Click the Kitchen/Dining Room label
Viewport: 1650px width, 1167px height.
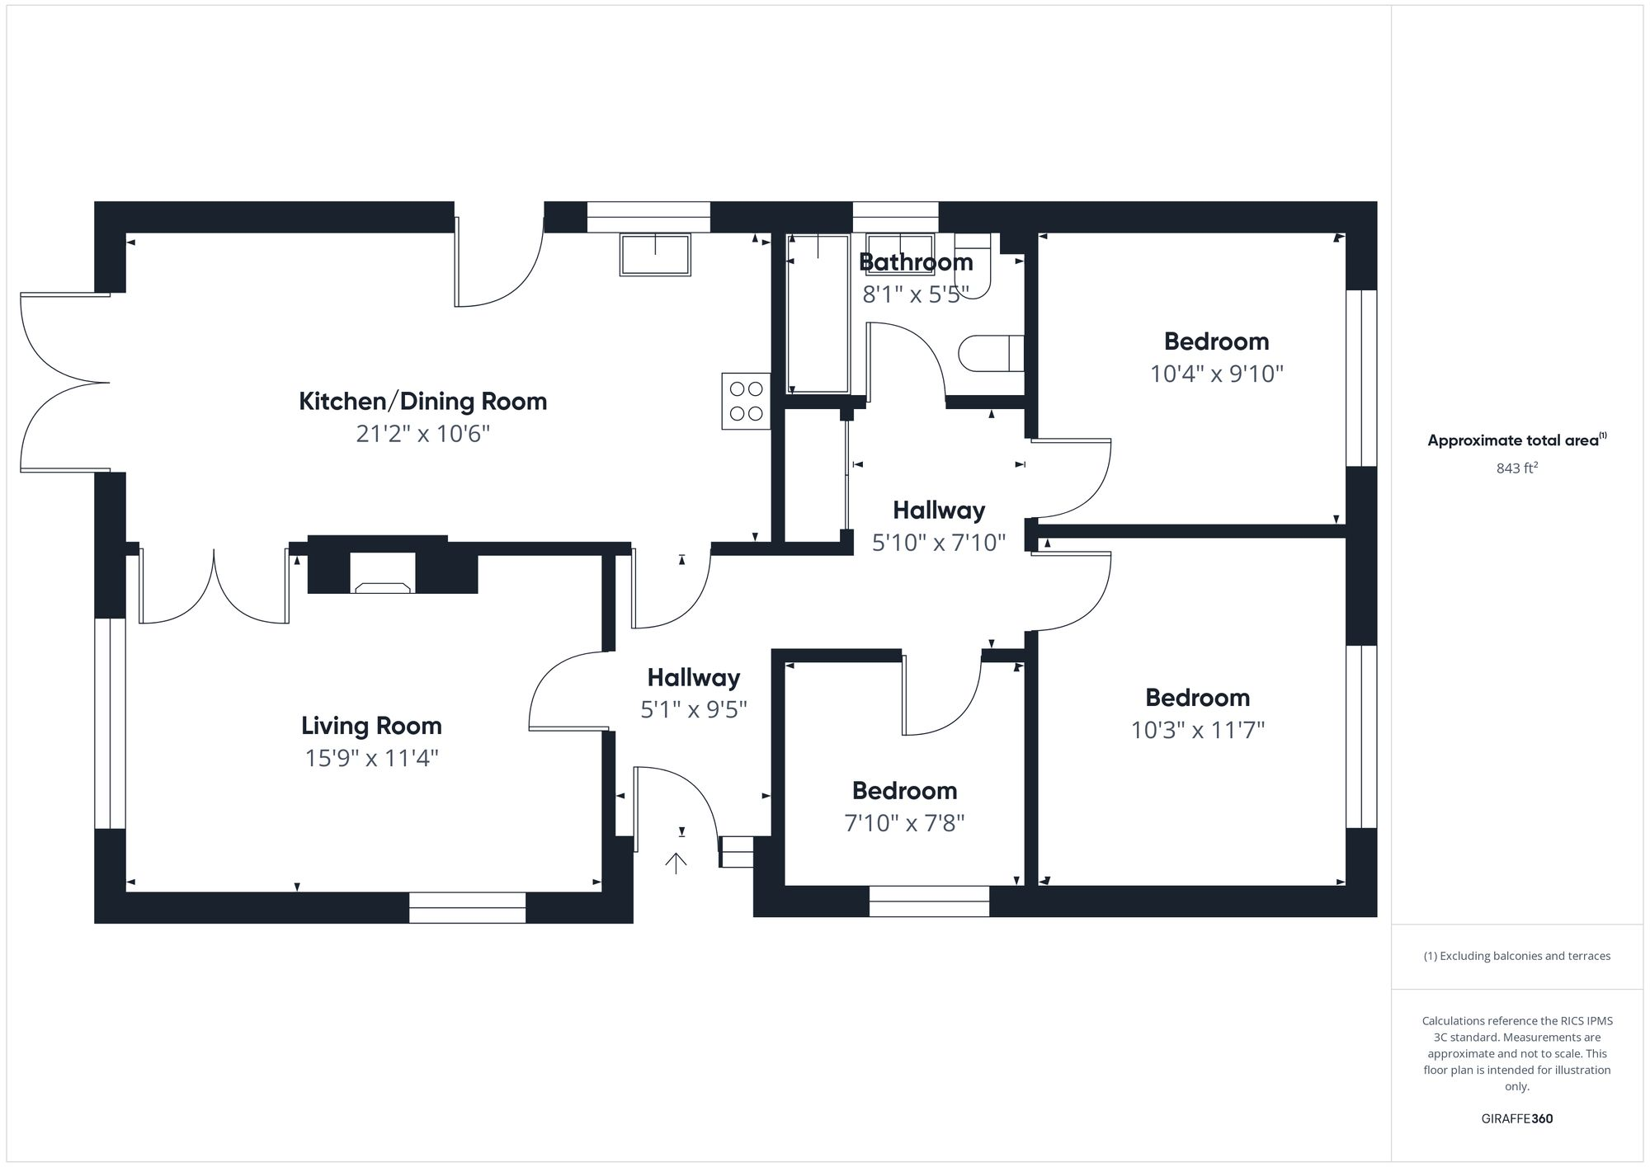coord(422,402)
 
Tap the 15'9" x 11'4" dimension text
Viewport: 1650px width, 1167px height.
coord(371,758)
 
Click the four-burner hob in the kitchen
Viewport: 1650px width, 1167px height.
coord(746,401)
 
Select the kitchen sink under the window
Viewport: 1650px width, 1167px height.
coord(655,254)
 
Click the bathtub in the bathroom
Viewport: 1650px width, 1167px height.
coord(818,313)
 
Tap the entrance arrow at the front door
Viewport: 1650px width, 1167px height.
coord(676,863)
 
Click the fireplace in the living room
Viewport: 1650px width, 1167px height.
coord(382,573)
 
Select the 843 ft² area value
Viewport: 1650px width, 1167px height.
coord(1516,468)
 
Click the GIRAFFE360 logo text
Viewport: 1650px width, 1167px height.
coord(1516,1119)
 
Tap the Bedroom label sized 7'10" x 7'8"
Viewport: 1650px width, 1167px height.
coord(904,791)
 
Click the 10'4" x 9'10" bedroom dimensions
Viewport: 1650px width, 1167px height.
coord(1217,374)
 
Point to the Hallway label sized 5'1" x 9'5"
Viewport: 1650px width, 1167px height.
coord(693,678)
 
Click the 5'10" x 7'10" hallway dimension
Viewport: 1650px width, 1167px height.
coord(939,543)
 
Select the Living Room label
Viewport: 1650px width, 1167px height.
coord(371,726)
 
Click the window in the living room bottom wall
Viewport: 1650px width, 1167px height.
coord(467,907)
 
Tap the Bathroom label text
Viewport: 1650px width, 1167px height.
coord(916,262)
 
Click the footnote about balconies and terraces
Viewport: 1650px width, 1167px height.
coord(1516,957)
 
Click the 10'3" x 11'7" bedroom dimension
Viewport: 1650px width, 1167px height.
coord(1197,731)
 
